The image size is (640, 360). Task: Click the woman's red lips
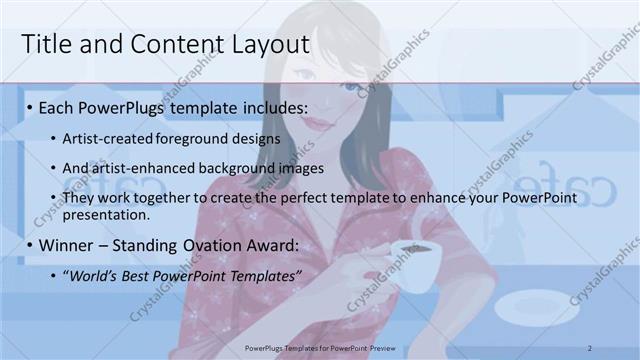[316, 121]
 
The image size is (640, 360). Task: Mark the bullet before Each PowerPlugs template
[31, 107]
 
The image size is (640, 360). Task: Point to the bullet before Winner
[31, 245]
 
